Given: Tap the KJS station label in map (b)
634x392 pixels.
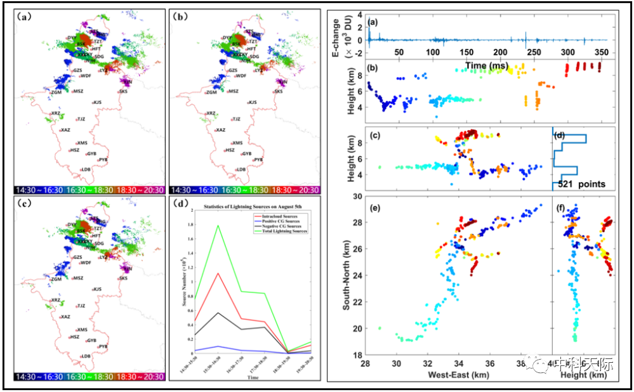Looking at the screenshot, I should coord(252,102).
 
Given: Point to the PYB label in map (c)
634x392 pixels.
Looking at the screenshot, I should coord(103,346).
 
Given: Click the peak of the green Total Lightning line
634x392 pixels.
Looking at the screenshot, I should coord(217,225).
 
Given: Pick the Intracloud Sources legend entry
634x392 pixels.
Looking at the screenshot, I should coord(282,217).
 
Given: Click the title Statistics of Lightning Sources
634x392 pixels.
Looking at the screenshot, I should coord(246,207).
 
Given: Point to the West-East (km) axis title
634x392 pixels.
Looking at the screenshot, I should coord(457,376).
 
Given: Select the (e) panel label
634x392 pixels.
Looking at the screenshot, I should coord(374,207).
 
